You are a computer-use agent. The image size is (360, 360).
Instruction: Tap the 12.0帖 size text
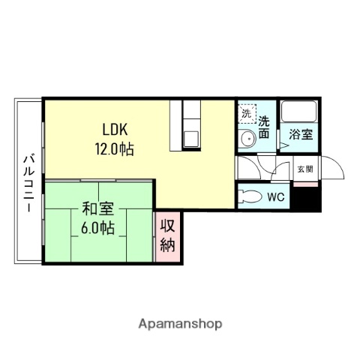[x=114, y=148]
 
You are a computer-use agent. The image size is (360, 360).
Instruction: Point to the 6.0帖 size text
[x=97, y=226]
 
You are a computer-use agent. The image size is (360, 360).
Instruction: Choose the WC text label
[x=276, y=196]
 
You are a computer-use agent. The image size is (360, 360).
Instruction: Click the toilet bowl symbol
[x=249, y=196]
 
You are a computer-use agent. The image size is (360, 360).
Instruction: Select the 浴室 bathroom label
[x=301, y=135]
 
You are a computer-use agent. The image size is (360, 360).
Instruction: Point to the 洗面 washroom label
[x=265, y=127]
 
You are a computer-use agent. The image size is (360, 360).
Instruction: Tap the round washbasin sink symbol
[x=248, y=139]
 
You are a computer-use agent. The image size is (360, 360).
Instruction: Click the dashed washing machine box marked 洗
[x=247, y=114]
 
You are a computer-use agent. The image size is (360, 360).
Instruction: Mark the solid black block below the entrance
[x=306, y=199]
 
